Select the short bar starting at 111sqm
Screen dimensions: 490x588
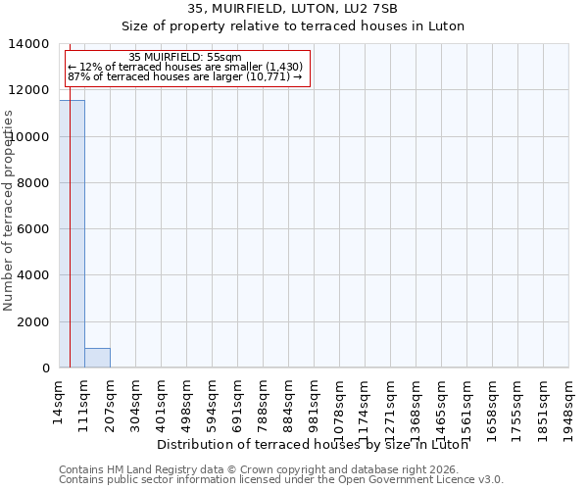[97, 358]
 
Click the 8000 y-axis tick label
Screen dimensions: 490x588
[33, 183]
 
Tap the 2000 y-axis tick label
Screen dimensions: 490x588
[33, 321]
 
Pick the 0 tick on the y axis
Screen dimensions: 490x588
[45, 367]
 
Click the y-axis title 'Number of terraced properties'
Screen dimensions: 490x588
[9, 210]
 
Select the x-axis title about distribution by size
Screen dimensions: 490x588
[312, 444]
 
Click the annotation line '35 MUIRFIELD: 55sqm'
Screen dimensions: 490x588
[185, 58]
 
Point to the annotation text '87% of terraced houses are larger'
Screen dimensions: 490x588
[185, 77]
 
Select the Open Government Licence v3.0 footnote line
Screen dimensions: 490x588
[281, 480]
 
